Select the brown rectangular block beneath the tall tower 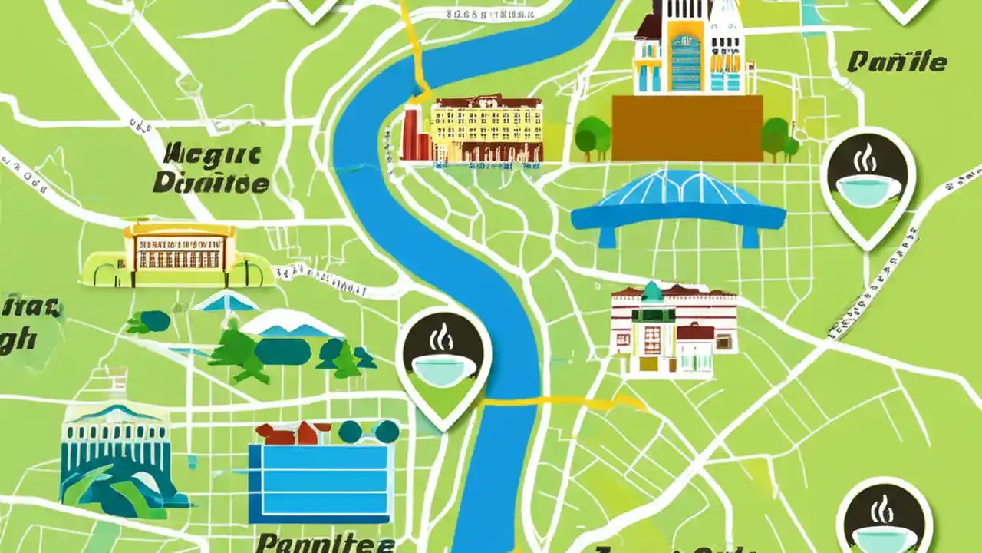687,127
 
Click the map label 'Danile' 897,61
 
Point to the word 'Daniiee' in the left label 211,184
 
